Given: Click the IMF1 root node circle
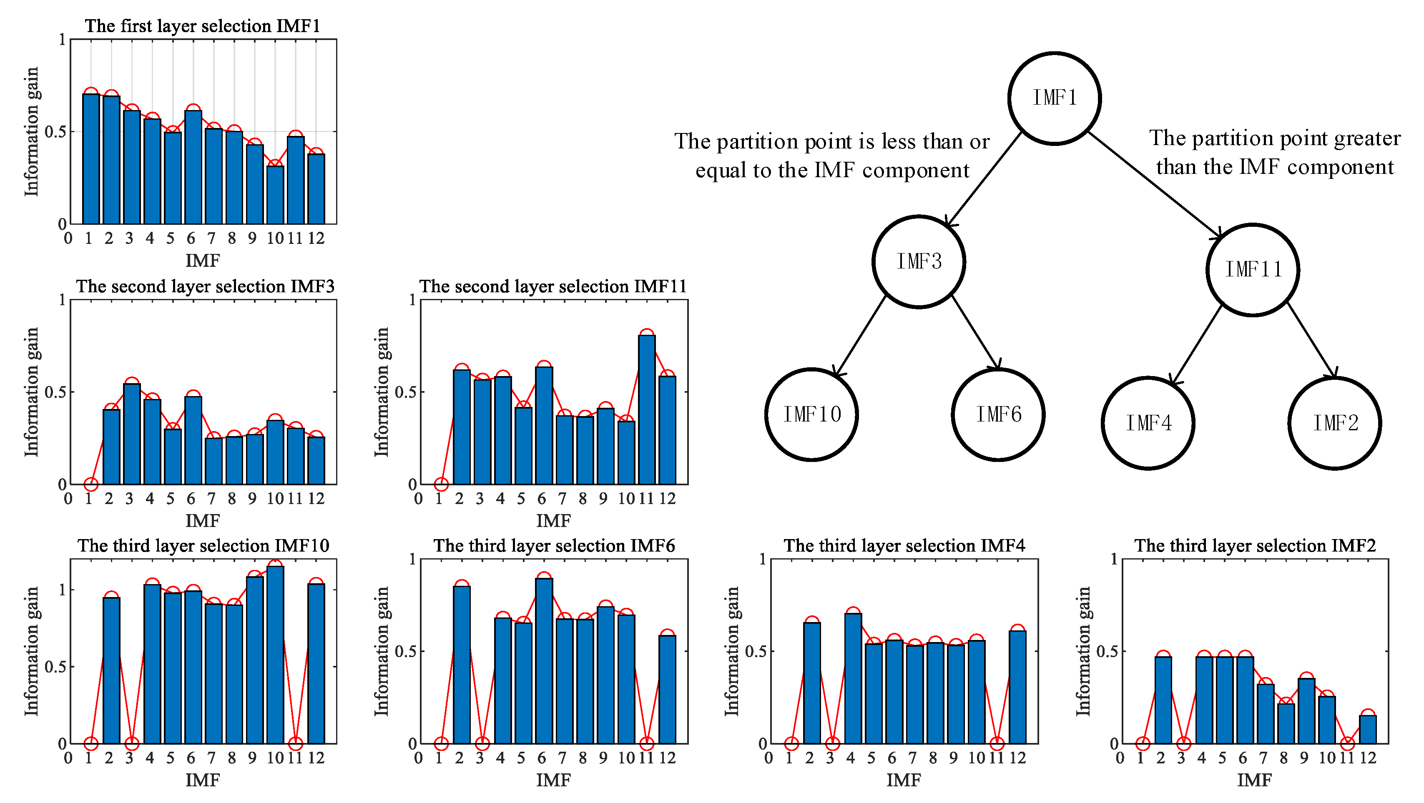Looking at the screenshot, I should tap(1054, 98).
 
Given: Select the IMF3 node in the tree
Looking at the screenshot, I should tap(919, 261).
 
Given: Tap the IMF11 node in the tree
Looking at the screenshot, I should tap(1252, 270).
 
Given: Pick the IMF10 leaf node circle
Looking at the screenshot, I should tap(811, 414).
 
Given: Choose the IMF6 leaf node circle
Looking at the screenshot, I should tap(998, 414).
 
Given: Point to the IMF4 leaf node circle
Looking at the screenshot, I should tap(1148, 423).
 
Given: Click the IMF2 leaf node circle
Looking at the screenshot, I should tap(1334, 423).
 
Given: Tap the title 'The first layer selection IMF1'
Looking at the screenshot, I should tap(202, 26).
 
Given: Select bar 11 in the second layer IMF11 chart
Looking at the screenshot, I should tap(646, 409).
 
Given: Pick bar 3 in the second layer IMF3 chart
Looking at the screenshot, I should tap(132, 434).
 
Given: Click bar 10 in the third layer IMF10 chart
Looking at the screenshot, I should tap(275, 655).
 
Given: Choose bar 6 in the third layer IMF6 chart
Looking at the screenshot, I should tap(544, 660).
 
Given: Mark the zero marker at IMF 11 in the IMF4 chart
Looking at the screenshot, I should tap(997, 744).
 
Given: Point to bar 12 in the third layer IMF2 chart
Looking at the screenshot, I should tap(1368, 730).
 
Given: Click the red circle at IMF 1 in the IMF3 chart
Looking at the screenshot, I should tap(90, 484).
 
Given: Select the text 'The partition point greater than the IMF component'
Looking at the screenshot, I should tap(1275, 153).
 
